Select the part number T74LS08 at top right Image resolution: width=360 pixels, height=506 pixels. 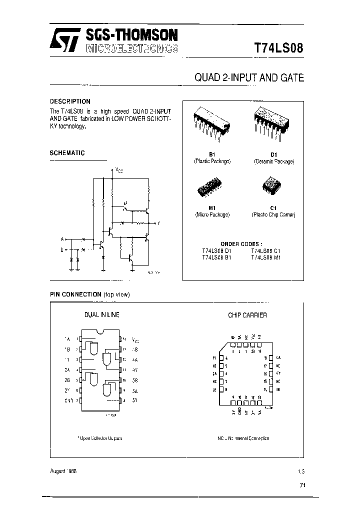pyautogui.click(x=279, y=48)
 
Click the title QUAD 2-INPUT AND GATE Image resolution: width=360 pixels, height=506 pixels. pyautogui.click(x=248, y=78)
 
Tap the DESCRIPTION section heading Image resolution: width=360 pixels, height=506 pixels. pyautogui.click(x=70, y=101)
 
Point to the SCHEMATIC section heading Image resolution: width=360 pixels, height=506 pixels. pyautogui.click(x=67, y=153)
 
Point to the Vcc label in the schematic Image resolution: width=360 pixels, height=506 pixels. pyautogui.click(x=119, y=170)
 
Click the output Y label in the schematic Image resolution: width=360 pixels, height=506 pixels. pyautogui.click(x=158, y=222)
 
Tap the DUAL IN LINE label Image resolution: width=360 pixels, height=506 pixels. pyautogui.click(x=101, y=315)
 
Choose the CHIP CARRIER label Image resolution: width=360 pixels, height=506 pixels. pyautogui.click(x=247, y=315)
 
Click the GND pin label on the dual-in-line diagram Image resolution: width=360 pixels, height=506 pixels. pyautogui.click(x=69, y=400)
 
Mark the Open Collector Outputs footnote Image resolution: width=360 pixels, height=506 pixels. pyautogui.click(x=100, y=438)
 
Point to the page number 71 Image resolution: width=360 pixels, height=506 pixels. pyautogui.click(x=302, y=485)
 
